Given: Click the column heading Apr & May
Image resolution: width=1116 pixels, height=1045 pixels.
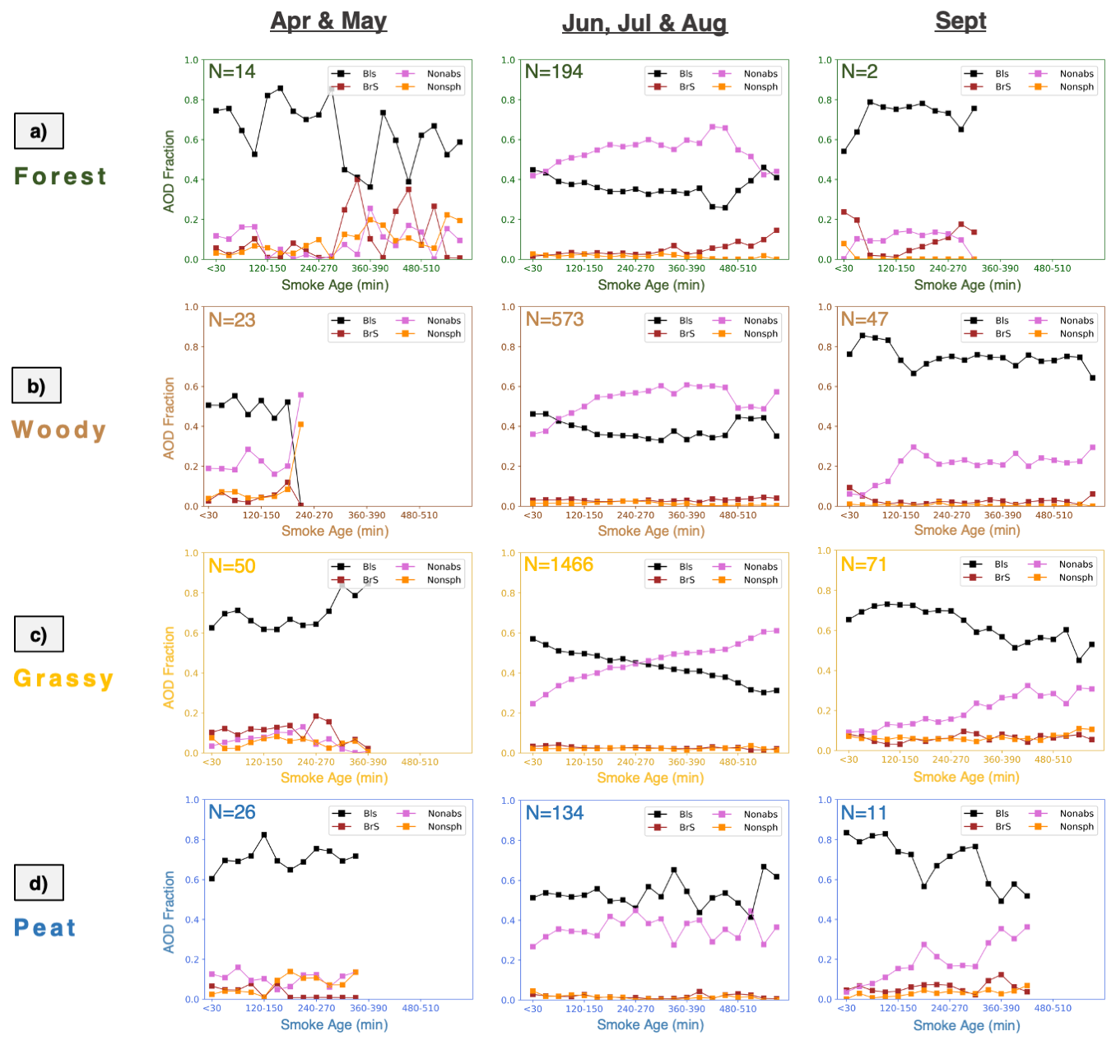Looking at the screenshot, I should [328, 21].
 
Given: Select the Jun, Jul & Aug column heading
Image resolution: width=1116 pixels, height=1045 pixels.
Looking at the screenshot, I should [644, 23].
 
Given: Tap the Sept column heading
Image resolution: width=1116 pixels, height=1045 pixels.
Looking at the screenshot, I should [960, 21].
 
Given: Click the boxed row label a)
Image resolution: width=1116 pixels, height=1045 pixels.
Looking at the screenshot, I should [39, 131].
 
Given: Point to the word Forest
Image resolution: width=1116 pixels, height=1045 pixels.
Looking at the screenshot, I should [60, 176].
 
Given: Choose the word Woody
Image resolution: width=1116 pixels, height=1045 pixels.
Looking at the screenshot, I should [58, 430].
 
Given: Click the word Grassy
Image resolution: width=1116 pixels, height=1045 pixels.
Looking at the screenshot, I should [63, 678].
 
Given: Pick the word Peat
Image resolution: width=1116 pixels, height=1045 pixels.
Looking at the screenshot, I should [45, 927].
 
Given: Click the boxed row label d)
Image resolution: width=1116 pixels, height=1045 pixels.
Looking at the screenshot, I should [39, 883].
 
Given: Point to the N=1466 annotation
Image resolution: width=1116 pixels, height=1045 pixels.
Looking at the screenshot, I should [559, 564].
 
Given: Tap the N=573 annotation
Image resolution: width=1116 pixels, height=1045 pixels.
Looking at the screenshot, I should [555, 319].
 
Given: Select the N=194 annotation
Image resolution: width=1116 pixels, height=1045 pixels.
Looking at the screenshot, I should [554, 72].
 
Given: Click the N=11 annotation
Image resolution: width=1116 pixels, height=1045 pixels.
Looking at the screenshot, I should [864, 813].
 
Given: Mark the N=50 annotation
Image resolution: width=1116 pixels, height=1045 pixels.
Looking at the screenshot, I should [232, 566].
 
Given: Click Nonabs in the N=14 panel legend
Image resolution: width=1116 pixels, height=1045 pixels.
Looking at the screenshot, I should [444, 73].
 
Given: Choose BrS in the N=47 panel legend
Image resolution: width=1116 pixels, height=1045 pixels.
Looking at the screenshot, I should [1002, 334].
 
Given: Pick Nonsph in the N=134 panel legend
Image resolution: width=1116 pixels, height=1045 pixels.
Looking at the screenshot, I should [760, 828].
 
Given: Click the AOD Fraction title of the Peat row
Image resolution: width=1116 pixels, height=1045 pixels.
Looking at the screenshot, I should [170, 912].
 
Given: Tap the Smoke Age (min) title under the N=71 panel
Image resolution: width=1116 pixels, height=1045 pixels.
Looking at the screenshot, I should [966, 777].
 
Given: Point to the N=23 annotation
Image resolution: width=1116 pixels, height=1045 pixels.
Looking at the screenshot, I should [232, 320].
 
